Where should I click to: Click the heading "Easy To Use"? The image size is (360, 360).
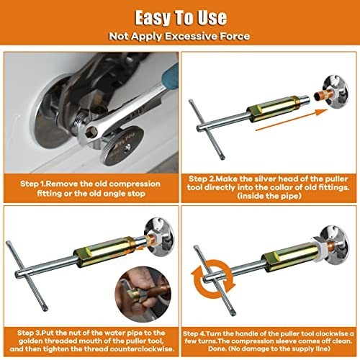tap(180, 16)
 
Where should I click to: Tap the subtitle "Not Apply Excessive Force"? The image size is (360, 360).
tap(180, 35)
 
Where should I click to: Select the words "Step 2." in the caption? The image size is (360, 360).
tap(208, 177)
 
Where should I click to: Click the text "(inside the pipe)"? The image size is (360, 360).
tap(269, 195)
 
